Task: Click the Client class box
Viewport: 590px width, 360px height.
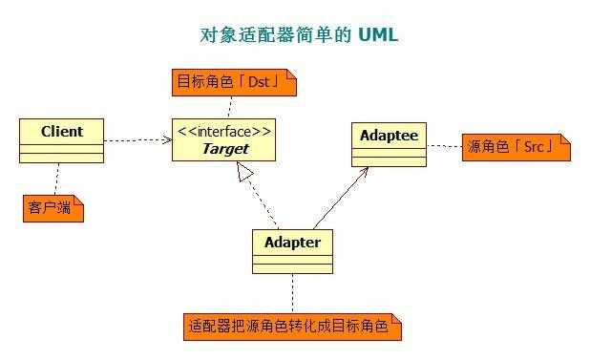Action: coord(62,139)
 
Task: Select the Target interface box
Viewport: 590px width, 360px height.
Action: coord(224,139)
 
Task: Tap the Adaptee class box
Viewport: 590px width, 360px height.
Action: coord(389,144)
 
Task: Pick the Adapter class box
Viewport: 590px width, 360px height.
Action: coord(292,251)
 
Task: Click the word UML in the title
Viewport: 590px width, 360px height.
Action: coord(378,35)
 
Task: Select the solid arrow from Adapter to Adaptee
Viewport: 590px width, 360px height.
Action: coord(339,201)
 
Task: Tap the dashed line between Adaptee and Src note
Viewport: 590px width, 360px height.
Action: coord(444,146)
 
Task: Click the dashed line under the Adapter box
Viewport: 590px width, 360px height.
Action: coord(292,293)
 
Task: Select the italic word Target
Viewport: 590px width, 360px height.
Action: coord(225,148)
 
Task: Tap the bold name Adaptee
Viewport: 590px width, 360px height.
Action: coord(389,135)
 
